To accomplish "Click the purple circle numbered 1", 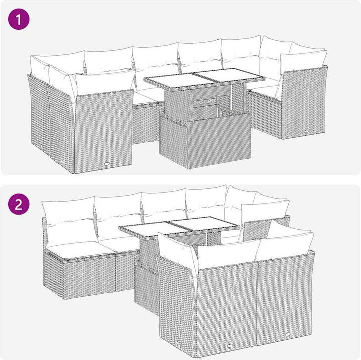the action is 19,19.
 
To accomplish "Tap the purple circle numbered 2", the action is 19,204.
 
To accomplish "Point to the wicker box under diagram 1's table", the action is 205,140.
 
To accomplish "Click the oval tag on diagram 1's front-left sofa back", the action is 107,164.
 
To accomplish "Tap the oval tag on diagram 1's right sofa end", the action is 306,131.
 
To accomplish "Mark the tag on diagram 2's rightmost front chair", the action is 288,334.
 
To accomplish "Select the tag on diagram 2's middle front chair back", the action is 230,346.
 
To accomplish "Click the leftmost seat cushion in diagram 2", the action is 79,250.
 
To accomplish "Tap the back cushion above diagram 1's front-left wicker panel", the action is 105,82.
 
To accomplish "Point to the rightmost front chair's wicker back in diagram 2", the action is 285,298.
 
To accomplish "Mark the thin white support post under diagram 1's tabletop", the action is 231,96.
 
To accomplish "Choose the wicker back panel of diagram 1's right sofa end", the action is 304,103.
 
